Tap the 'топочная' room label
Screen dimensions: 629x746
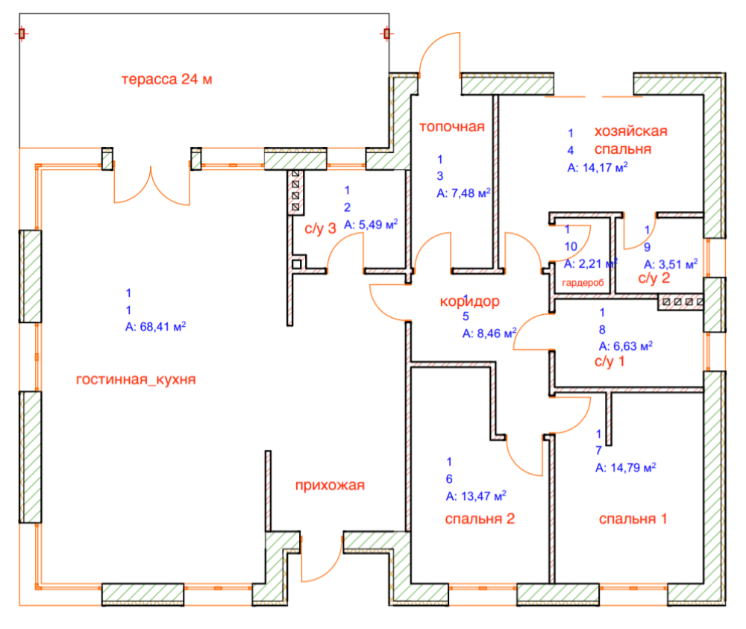click(x=451, y=126)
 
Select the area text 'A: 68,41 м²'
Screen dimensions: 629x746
click(x=155, y=326)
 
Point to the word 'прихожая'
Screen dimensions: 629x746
click(x=330, y=486)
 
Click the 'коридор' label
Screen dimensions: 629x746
click(x=469, y=302)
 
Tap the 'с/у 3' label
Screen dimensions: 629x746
click(x=321, y=228)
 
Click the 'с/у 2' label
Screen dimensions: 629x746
click(x=654, y=279)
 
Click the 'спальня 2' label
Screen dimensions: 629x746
click(x=480, y=519)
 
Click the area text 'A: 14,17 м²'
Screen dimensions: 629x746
click(x=597, y=168)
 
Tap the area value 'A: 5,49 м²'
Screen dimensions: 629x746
click(x=371, y=223)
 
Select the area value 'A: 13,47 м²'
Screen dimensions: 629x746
click(x=476, y=495)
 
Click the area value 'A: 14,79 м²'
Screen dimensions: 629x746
click(x=625, y=468)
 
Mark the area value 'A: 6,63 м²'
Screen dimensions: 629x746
click(x=626, y=345)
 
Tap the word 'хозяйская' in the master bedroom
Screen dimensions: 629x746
click(x=630, y=131)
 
